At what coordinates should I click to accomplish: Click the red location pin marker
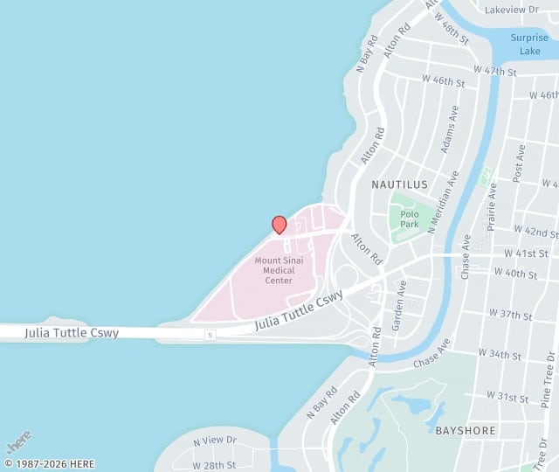pyautogui.click(x=279, y=225)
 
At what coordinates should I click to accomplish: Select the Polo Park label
pyautogui.click(x=410, y=219)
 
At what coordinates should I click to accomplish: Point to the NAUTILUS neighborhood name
pyautogui.click(x=399, y=184)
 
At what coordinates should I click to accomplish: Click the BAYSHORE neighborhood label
pyautogui.click(x=466, y=430)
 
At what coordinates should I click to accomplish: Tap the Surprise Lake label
pyautogui.click(x=529, y=44)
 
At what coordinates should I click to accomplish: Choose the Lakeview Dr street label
pyautogui.click(x=512, y=10)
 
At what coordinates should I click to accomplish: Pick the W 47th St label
pyautogui.click(x=494, y=69)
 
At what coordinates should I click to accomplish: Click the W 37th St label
pyautogui.click(x=510, y=313)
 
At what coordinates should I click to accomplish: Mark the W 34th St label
pyautogui.click(x=500, y=356)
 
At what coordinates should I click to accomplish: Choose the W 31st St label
pyautogui.click(x=507, y=398)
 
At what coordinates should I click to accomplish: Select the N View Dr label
pyautogui.click(x=215, y=441)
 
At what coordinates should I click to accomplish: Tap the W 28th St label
pyautogui.click(x=214, y=465)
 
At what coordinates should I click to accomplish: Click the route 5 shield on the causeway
pyautogui.click(x=210, y=335)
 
